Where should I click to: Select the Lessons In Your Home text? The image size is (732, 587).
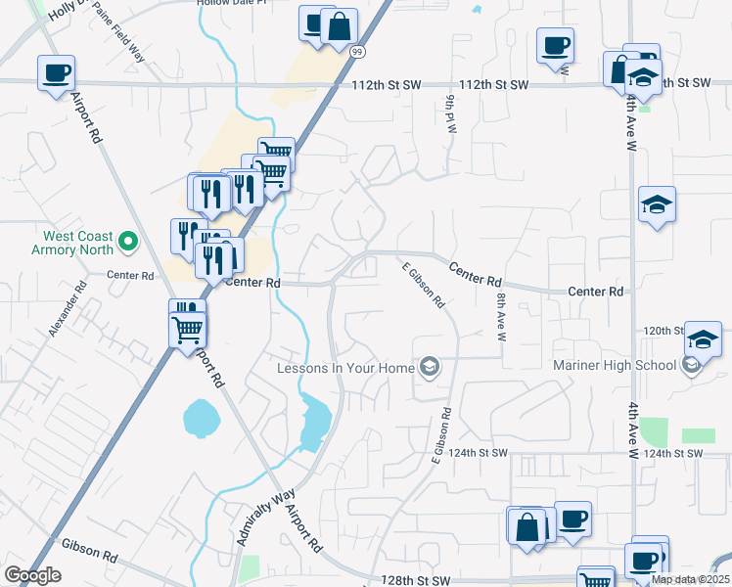[x=345, y=368]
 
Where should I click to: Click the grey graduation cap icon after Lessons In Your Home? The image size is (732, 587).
[x=428, y=368]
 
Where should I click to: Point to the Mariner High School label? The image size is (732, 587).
[x=615, y=365]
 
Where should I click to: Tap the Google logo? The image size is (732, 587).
[x=31, y=575]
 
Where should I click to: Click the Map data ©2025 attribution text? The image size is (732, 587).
[x=690, y=579]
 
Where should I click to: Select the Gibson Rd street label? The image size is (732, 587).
[x=89, y=549]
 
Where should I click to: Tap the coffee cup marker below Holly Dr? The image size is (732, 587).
[x=56, y=73]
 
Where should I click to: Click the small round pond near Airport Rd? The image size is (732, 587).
[x=200, y=418]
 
